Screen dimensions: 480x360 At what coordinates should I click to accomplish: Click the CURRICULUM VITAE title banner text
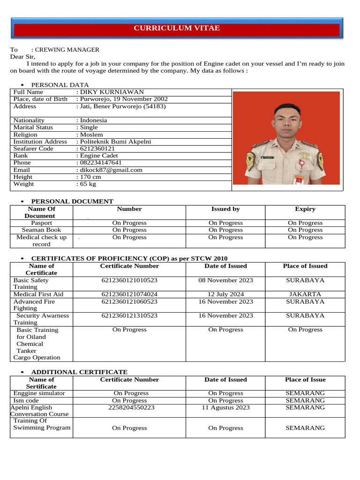pyautogui.click(x=177, y=28)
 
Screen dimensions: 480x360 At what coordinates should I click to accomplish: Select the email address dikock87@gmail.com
pyautogui.click(x=111, y=170)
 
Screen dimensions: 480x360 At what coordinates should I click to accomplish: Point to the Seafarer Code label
pyautogui.click(x=33, y=149)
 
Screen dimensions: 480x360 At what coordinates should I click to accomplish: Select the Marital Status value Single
pyautogui.click(x=89, y=127)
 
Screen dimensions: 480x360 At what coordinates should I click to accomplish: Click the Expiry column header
pyautogui.click(x=305, y=209)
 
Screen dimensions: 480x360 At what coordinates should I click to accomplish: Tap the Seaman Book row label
pyautogui.click(x=41, y=230)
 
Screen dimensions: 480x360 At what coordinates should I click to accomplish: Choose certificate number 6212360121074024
pyautogui.click(x=129, y=294)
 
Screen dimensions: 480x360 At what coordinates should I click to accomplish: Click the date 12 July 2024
pyautogui.click(x=225, y=294)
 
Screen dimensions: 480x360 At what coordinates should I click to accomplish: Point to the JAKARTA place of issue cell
pyautogui.click(x=305, y=294)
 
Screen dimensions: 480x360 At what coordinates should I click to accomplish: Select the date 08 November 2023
pyautogui.click(x=225, y=280)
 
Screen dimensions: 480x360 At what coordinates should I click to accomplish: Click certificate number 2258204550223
pyautogui.click(x=129, y=408)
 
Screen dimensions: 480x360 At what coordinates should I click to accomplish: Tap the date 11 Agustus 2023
pyautogui.click(x=225, y=408)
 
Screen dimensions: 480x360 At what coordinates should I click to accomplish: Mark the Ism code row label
pyautogui.click(x=26, y=401)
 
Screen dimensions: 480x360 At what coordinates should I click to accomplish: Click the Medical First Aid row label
pyautogui.click(x=38, y=294)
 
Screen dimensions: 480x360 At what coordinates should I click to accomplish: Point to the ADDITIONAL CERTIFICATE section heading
pyautogui.click(x=79, y=372)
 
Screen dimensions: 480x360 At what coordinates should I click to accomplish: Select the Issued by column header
pyautogui.click(x=225, y=209)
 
